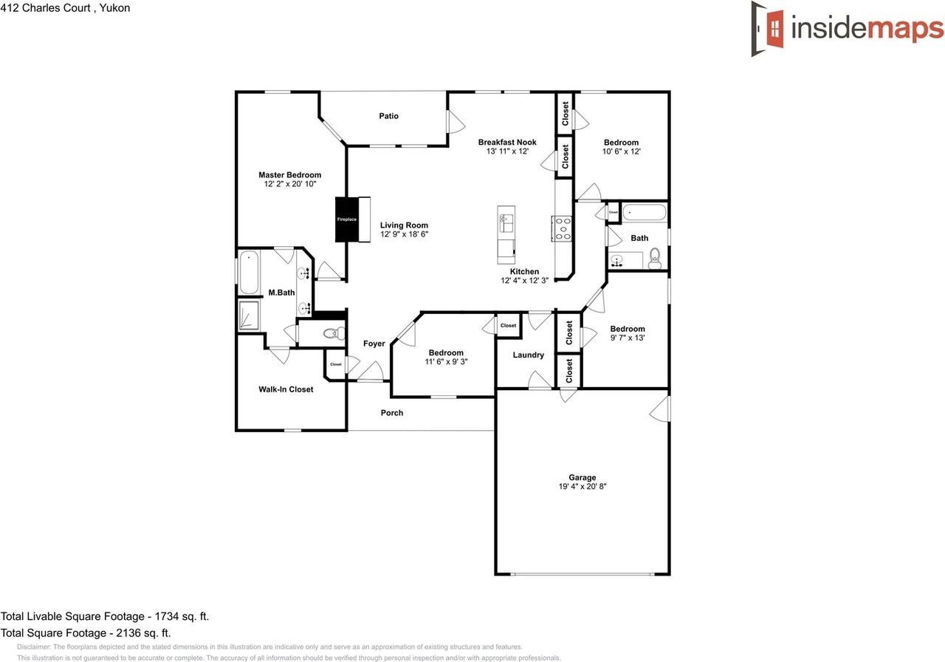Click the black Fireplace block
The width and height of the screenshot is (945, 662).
[x=347, y=219]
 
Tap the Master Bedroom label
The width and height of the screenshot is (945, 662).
[x=289, y=175]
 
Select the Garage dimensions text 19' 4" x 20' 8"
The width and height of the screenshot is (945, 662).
[x=582, y=487]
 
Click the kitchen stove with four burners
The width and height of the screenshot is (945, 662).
[x=562, y=228]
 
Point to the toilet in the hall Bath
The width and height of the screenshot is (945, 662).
[x=653, y=259]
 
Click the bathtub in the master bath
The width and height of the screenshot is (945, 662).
[x=248, y=273]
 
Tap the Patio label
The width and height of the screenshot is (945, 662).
[x=388, y=116]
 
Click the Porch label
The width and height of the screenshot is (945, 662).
[x=391, y=413]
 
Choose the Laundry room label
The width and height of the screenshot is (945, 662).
[x=528, y=355]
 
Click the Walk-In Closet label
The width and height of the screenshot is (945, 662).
[x=285, y=389]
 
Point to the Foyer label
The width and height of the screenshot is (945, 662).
[x=374, y=344]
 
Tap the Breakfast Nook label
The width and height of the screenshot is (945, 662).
[x=506, y=143]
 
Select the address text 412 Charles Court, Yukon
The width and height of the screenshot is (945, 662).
[x=65, y=8]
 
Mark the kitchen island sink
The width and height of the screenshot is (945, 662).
[x=506, y=219]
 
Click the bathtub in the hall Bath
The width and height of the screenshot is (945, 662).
[x=645, y=214]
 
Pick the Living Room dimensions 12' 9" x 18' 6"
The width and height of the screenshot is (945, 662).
[x=404, y=234]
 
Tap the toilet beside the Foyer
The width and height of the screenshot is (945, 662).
[x=334, y=333]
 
